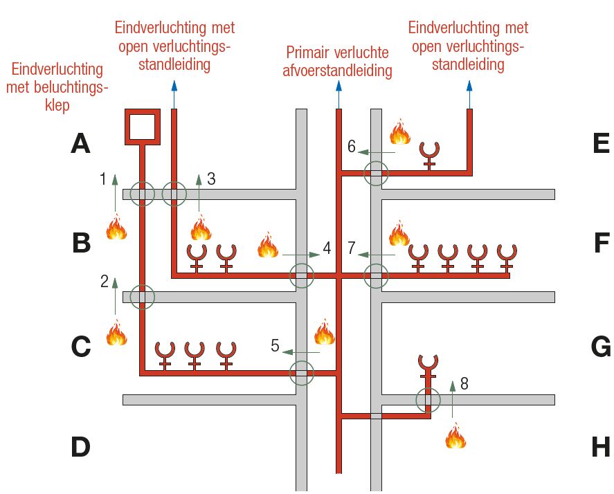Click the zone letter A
(81, 144)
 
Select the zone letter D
(81, 447)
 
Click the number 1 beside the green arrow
(103, 179)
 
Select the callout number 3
(211, 179)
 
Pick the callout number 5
(275, 346)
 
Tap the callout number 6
(352, 147)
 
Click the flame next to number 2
(116, 333)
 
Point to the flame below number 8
(455, 436)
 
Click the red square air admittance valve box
(143, 126)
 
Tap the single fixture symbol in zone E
(430, 155)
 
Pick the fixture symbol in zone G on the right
(428, 365)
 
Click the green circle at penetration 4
(302, 275)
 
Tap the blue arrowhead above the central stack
(338, 85)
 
